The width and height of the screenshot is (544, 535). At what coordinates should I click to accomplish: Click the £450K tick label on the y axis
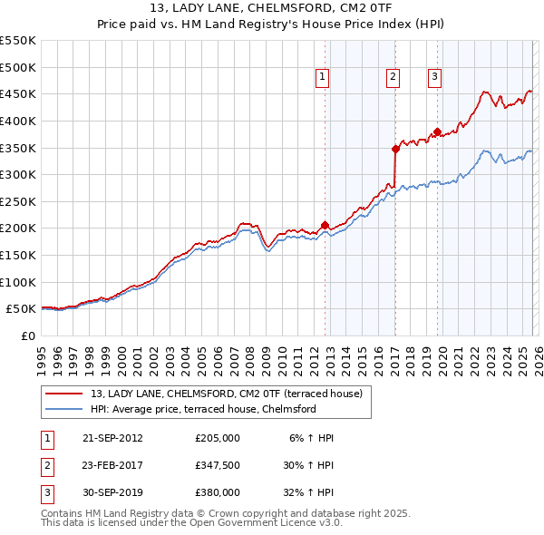point(18,93)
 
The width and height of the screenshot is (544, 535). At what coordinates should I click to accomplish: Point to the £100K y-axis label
point(18,282)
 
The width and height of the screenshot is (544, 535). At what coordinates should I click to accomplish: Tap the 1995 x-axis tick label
point(42,354)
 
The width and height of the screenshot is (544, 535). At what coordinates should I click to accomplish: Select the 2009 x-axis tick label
point(266,354)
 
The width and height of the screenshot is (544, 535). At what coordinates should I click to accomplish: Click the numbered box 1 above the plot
point(323,78)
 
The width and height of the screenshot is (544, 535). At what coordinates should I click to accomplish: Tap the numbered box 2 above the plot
point(393,78)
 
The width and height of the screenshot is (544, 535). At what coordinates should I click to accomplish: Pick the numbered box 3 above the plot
point(434,78)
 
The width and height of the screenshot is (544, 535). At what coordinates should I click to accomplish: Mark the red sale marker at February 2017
point(395,149)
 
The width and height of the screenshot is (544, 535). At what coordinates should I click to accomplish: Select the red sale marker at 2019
point(437,131)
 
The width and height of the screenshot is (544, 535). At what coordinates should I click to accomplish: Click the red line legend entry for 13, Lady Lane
point(226,394)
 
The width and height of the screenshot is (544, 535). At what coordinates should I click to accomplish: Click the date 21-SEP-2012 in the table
point(112,438)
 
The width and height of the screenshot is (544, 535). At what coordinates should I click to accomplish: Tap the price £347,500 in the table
point(218,465)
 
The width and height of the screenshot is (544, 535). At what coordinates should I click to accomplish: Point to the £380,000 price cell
point(218,492)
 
